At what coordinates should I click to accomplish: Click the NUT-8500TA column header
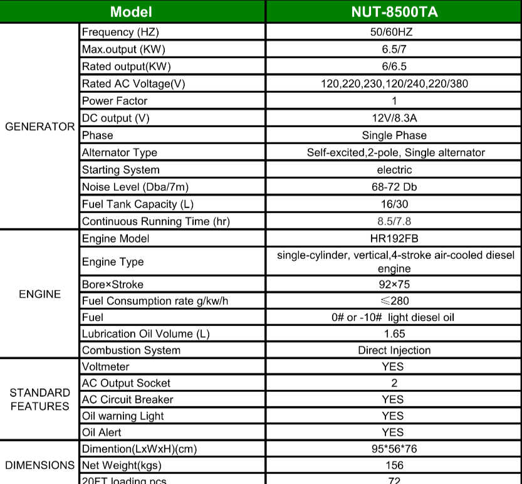click(394, 12)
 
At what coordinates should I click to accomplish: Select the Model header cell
click(131, 12)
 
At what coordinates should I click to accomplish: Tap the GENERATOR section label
click(40, 127)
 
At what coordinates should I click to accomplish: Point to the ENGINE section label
click(40, 294)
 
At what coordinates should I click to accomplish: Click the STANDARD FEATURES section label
click(40, 399)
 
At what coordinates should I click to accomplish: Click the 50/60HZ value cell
click(394, 32)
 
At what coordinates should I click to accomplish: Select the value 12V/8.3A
click(394, 118)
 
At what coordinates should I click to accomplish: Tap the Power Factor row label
click(115, 101)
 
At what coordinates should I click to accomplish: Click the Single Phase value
click(394, 135)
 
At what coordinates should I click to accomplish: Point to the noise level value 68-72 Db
click(394, 187)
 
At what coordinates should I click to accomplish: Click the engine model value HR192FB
click(394, 239)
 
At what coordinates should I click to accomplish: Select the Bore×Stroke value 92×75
click(394, 285)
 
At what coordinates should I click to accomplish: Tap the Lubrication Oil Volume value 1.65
click(394, 334)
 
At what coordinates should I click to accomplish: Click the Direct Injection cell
click(394, 350)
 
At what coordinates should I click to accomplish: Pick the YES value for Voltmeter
click(393, 367)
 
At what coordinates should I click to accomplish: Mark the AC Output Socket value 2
click(394, 383)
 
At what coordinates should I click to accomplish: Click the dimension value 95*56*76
click(394, 449)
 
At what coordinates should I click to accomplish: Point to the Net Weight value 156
click(394, 465)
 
